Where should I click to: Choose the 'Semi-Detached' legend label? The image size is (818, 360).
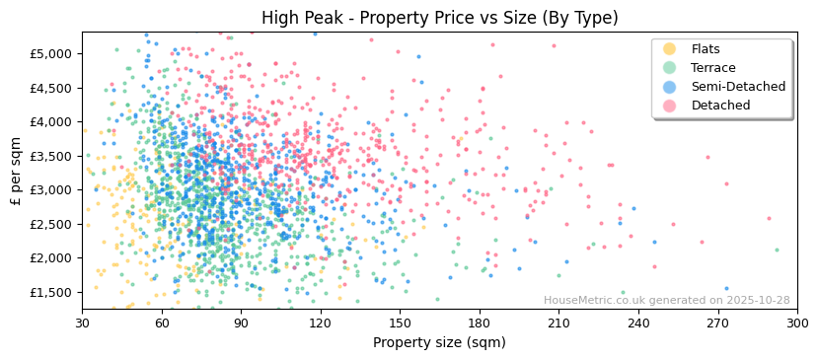pos(738,87)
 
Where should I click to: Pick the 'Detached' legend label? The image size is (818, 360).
pos(721,106)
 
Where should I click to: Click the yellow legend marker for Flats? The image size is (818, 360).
pos(670,49)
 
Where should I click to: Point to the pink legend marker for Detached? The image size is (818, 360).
pos(670,106)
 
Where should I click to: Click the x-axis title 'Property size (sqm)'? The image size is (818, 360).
pos(439,343)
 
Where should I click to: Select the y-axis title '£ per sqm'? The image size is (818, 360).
pos(17,171)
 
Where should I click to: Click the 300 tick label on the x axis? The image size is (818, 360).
pos(797,323)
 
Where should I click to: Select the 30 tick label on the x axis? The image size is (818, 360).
pos(82,323)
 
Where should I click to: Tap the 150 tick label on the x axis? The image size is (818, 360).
pos(400,323)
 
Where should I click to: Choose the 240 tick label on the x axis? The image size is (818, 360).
pos(638,323)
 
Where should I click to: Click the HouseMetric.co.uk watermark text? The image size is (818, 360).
pos(666,301)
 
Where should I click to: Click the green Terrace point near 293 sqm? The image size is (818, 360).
pos(777,250)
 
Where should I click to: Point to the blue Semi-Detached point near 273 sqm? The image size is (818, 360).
pos(726,289)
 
